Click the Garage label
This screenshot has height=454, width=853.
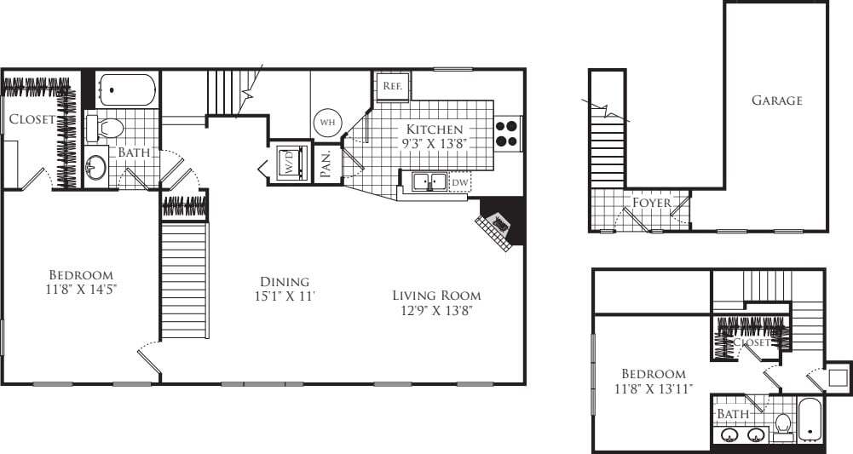[776, 101]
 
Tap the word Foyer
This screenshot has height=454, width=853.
[651, 203]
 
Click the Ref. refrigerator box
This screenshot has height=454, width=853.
[392, 86]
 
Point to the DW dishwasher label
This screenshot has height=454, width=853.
[459, 182]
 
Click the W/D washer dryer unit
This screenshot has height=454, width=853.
[288, 162]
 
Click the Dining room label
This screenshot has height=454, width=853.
[285, 289]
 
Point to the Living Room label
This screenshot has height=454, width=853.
[436, 302]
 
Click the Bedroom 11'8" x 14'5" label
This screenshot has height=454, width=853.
[81, 283]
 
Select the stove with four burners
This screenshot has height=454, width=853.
[507, 133]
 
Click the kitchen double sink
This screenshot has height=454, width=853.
[424, 181]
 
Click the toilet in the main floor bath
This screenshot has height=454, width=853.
[107, 129]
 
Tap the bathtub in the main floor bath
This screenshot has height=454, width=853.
[127, 89]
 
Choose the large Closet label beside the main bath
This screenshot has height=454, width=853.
[32, 119]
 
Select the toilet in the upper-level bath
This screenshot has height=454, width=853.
[782, 422]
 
